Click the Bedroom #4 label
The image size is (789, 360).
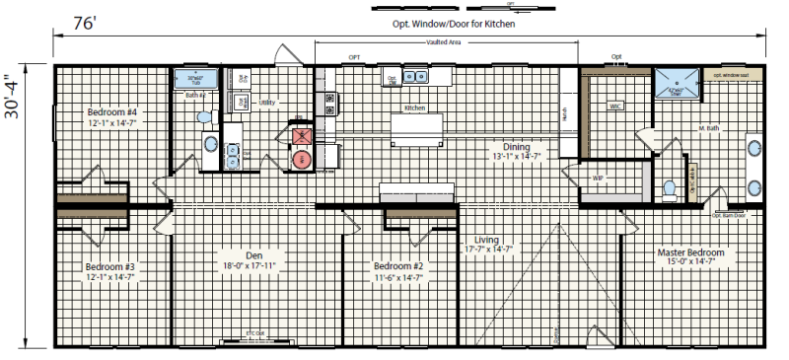(x=110, y=113)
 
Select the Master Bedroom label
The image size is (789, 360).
(x=691, y=252)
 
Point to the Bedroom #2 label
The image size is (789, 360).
(x=398, y=266)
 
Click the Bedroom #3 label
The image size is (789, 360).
(x=109, y=267)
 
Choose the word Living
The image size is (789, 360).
(x=487, y=240)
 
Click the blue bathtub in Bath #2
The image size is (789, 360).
(x=193, y=79)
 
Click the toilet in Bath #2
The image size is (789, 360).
(x=205, y=117)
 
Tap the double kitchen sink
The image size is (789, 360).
(x=418, y=77)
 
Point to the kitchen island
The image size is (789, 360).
(x=416, y=128)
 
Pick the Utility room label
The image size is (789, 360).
(x=267, y=102)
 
